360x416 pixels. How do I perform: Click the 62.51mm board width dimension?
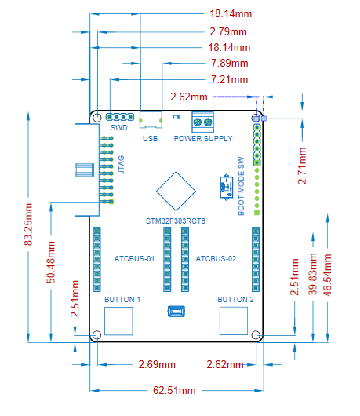[x=174, y=390]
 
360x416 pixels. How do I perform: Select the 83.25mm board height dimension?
[x=28, y=224]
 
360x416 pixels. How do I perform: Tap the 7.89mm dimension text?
[x=230, y=63]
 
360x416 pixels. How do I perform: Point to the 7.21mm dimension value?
[x=229, y=79]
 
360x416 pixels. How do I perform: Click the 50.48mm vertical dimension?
[x=51, y=262]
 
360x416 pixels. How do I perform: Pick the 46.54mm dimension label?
[x=327, y=275]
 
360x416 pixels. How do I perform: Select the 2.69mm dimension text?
[x=157, y=364]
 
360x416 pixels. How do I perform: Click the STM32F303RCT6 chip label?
[x=176, y=221]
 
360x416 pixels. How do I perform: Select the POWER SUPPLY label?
[x=203, y=138]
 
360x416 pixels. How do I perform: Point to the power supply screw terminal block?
[x=202, y=122]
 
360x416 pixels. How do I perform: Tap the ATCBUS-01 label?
[x=134, y=259]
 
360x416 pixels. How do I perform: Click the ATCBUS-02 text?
[x=216, y=259]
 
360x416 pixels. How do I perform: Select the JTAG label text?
[x=121, y=165]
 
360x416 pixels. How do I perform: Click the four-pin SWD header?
[x=120, y=117]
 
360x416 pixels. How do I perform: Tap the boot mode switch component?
[x=226, y=188]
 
